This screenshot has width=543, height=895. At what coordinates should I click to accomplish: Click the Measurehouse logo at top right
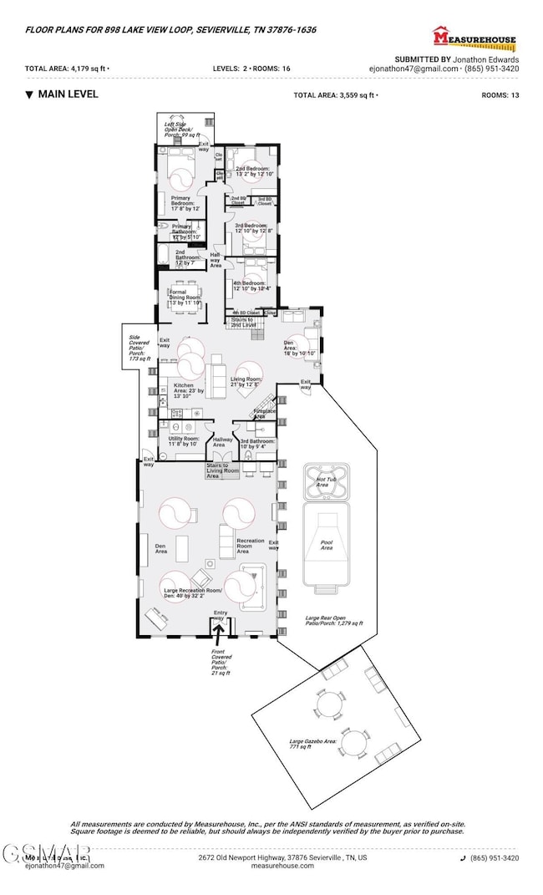(474, 37)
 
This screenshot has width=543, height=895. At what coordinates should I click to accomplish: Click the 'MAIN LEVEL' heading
(67, 94)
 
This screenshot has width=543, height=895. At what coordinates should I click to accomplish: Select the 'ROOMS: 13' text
(500, 95)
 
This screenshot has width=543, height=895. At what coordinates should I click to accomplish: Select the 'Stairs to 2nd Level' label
(246, 322)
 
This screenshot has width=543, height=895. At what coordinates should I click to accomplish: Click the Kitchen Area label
(189, 389)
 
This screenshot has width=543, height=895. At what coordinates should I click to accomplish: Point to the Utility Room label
(181, 441)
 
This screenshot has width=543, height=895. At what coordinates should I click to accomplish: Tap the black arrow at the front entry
(220, 629)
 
